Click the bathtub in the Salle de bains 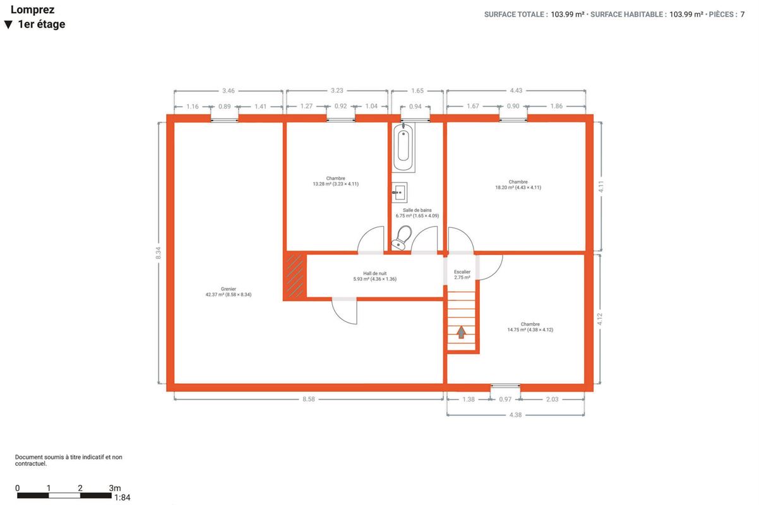click(403, 148)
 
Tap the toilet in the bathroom click(402, 237)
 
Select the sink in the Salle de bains click(400, 193)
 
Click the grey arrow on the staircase click(461, 332)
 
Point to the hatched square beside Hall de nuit click(295, 276)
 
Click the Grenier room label click(229, 292)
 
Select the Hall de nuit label click(374, 276)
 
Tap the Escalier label click(462, 275)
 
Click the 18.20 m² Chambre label click(518, 184)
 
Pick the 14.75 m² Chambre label click(530, 327)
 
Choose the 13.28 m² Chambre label click(335, 181)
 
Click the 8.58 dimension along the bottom click(309, 399)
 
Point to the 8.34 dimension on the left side click(158, 253)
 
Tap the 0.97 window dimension click(505, 400)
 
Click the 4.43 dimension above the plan click(516, 90)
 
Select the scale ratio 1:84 click(123, 497)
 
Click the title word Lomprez click(33, 10)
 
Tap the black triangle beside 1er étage click(8, 25)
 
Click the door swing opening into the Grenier click(344, 312)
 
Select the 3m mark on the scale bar click(115, 488)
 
